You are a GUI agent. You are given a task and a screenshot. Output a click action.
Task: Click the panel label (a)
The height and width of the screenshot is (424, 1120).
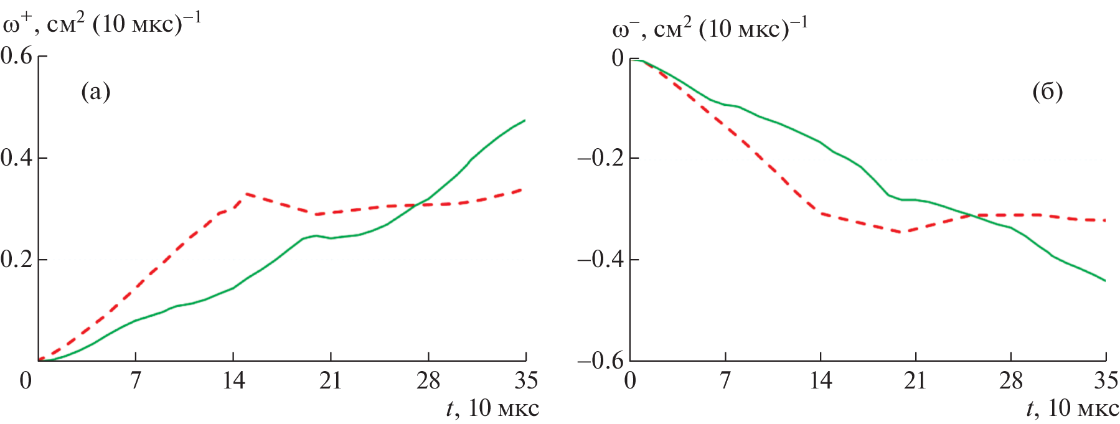click(x=96, y=92)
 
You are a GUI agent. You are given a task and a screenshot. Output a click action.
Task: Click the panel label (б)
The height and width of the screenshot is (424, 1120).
click(x=1047, y=92)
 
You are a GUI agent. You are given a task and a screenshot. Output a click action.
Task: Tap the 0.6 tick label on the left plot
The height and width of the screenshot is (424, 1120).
click(x=17, y=56)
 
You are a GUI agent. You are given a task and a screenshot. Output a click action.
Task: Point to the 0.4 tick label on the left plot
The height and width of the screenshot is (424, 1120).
click(x=17, y=158)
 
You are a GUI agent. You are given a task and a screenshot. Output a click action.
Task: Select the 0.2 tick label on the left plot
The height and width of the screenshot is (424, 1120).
click(x=17, y=260)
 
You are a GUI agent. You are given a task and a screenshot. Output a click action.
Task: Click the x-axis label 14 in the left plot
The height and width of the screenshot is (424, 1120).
click(x=233, y=380)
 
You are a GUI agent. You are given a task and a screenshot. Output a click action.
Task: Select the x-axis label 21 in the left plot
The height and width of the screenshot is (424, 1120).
click(x=331, y=380)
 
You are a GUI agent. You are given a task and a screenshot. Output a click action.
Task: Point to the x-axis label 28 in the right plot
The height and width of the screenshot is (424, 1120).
click(x=1010, y=380)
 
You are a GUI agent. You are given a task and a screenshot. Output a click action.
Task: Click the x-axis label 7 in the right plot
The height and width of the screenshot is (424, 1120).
click(x=725, y=380)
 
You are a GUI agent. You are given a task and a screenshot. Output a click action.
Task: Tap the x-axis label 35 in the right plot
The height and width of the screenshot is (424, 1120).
click(x=1106, y=380)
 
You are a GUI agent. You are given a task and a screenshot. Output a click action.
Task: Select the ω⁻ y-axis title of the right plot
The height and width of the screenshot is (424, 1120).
click(x=710, y=28)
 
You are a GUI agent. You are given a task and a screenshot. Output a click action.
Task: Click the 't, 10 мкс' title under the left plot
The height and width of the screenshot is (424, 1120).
click(x=492, y=408)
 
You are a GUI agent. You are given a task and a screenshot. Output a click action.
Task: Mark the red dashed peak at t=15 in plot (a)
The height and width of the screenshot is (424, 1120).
click(x=247, y=194)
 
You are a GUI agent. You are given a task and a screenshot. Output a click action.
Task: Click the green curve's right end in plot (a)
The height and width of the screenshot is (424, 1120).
click(x=525, y=120)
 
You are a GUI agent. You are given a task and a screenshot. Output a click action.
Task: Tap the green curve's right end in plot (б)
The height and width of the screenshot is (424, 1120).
click(x=1105, y=281)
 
